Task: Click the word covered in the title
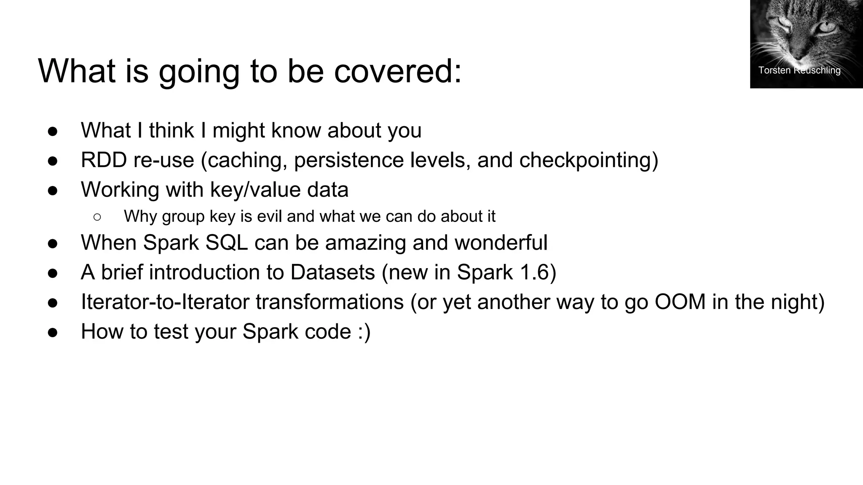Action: (x=397, y=71)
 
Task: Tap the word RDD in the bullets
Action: (x=104, y=160)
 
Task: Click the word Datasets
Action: (x=332, y=272)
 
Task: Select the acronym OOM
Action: (x=679, y=302)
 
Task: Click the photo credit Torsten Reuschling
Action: (x=799, y=70)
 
